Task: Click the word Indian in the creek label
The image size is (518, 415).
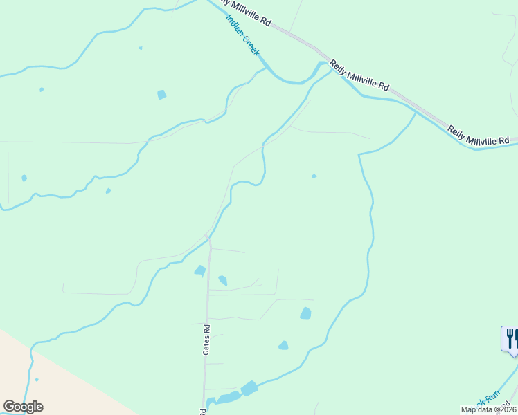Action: pos(235,25)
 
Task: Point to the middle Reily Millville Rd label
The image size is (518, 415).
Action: pos(359,75)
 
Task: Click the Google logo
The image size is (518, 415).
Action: pos(23,407)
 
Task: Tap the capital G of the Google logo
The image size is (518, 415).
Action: pos(9,407)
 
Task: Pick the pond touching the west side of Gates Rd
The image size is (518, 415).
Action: pos(200,270)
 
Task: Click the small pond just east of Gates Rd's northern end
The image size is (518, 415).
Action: pos(222,280)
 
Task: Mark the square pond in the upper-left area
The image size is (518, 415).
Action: pos(161,95)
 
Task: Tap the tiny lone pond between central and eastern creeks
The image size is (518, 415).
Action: pos(314,176)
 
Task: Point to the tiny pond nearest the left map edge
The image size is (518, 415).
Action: pos(24,178)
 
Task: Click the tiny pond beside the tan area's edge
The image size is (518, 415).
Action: pos(37,379)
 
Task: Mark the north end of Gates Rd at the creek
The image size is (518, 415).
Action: pos(208,241)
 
